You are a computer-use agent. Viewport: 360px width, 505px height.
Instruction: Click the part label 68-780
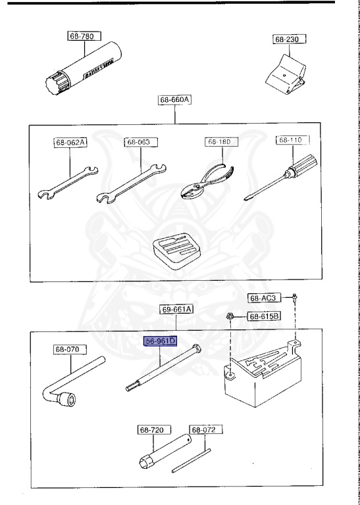[x=82, y=36]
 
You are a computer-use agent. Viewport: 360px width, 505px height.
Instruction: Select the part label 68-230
[x=286, y=39]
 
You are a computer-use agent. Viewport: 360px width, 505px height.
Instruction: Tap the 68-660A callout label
[x=174, y=100]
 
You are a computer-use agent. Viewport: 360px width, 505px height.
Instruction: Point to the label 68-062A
[x=70, y=142]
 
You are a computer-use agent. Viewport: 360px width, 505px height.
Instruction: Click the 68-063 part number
[x=138, y=141]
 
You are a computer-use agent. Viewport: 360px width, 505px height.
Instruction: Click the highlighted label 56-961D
[x=161, y=341]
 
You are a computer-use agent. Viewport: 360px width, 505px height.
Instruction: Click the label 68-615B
[x=264, y=316]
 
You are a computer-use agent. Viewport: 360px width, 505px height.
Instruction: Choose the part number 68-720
[x=151, y=429]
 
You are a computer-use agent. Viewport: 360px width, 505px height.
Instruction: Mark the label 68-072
[x=203, y=429]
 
